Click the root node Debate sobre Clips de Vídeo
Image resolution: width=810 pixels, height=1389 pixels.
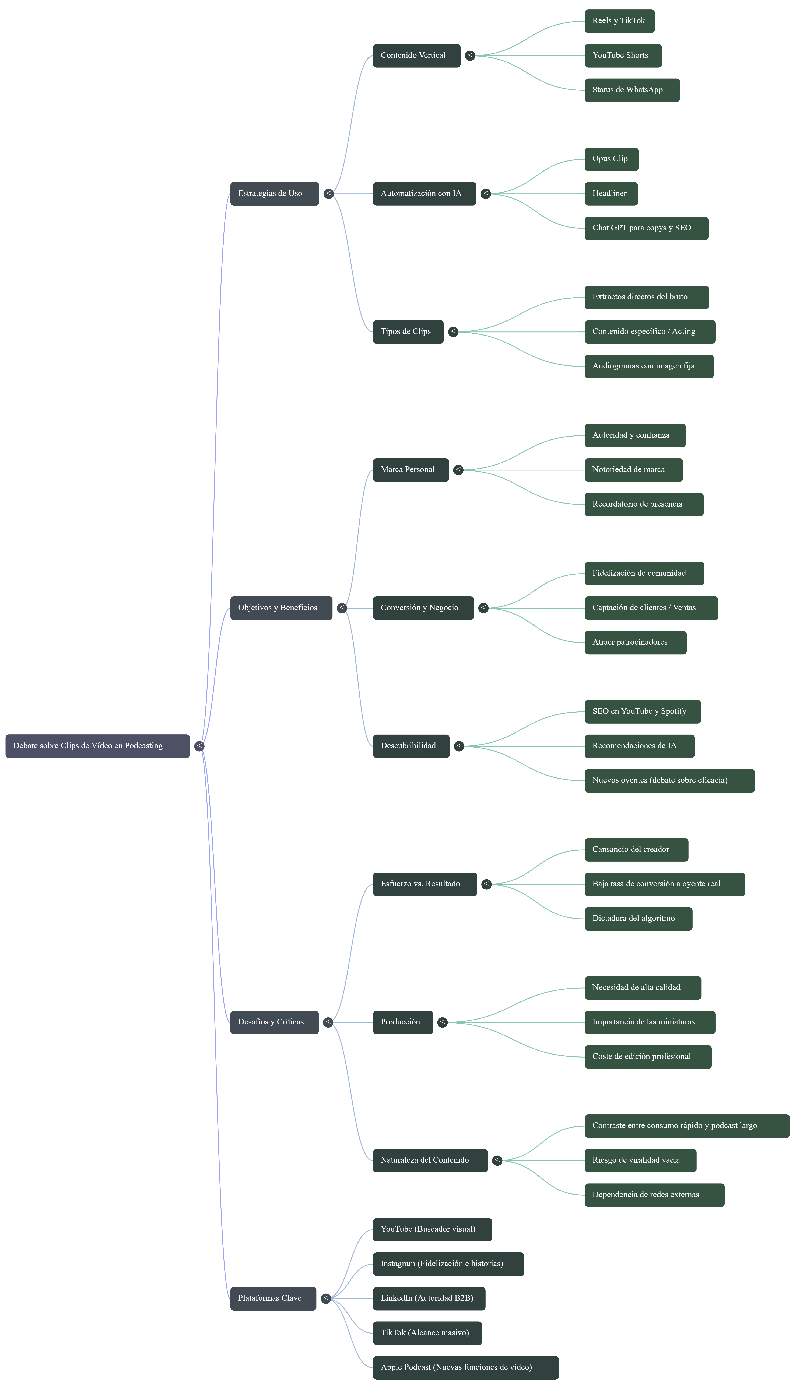[97, 746]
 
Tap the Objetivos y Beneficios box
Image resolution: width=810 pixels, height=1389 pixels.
[281, 608]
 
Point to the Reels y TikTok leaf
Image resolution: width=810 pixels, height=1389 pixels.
[619, 21]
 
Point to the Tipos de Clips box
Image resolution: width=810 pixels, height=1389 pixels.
[408, 332]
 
